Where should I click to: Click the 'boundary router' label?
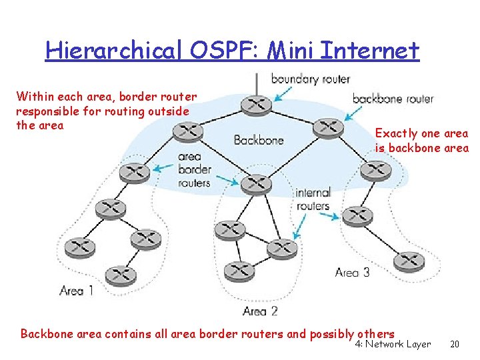click(310, 79)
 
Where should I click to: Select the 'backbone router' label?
click(393, 99)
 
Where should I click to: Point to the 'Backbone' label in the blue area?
click(259, 140)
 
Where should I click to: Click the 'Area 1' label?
click(76, 290)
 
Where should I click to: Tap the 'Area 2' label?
click(260, 311)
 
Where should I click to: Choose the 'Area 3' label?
click(352, 272)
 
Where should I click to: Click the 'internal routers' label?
click(313, 199)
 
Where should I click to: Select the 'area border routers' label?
click(194, 170)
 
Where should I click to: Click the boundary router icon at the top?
click(256, 104)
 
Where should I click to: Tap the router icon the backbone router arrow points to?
click(328, 127)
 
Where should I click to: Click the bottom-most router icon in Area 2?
click(239, 271)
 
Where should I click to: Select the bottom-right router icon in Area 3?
click(409, 261)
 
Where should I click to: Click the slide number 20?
click(455, 345)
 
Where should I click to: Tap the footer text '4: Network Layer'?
click(393, 345)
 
